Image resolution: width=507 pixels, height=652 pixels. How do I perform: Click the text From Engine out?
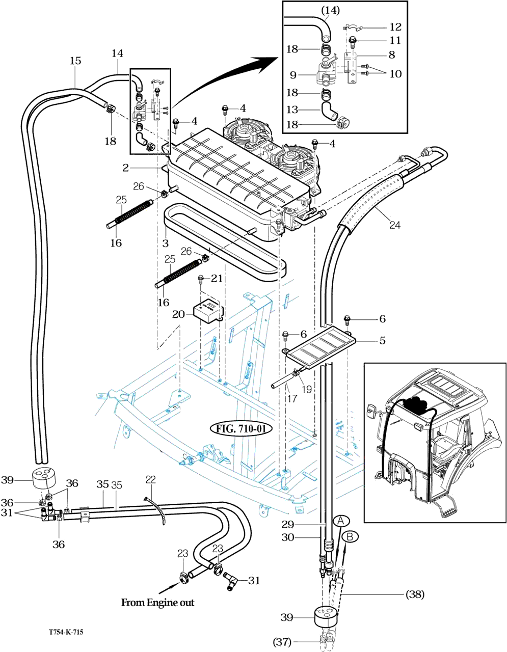pyautogui.click(x=157, y=603)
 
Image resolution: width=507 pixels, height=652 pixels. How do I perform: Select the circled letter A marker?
pyautogui.click(x=342, y=521)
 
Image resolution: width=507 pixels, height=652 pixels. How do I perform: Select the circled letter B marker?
pyautogui.click(x=350, y=536)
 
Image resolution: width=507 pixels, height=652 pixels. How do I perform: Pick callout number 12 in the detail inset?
pyautogui.click(x=395, y=27)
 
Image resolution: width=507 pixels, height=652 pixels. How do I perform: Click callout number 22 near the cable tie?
pyautogui.click(x=150, y=479)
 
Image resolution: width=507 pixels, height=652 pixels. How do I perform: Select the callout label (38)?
pyautogui.click(x=415, y=594)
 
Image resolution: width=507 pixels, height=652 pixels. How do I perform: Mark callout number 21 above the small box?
pyautogui.click(x=217, y=278)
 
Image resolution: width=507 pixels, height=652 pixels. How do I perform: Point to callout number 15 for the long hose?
pyautogui.click(x=75, y=61)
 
